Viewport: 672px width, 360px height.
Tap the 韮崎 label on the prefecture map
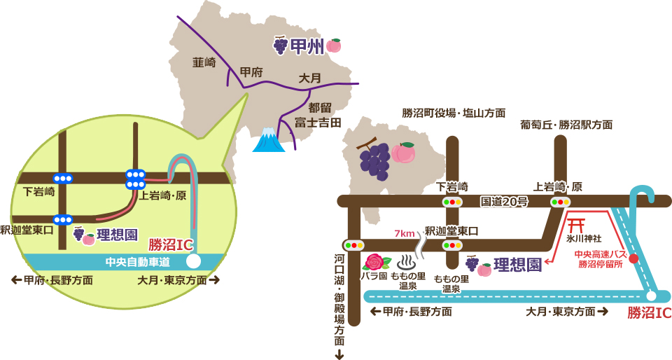[204, 62]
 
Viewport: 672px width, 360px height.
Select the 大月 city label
[309, 78]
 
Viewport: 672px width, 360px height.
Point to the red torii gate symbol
[577, 225]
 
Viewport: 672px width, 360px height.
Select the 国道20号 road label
[504, 202]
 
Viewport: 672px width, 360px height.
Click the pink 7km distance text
[405, 233]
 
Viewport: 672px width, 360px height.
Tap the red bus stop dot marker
[634, 258]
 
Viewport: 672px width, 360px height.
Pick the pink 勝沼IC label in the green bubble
[170, 245]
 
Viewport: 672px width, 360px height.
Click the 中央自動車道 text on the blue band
[137, 262]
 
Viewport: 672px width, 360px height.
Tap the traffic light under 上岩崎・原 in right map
[560, 202]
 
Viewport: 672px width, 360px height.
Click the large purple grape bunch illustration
[374, 160]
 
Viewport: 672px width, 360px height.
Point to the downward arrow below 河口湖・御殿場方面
[339, 353]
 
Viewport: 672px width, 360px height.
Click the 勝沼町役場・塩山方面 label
[454, 113]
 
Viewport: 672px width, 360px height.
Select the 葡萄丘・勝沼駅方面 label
[566, 125]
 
